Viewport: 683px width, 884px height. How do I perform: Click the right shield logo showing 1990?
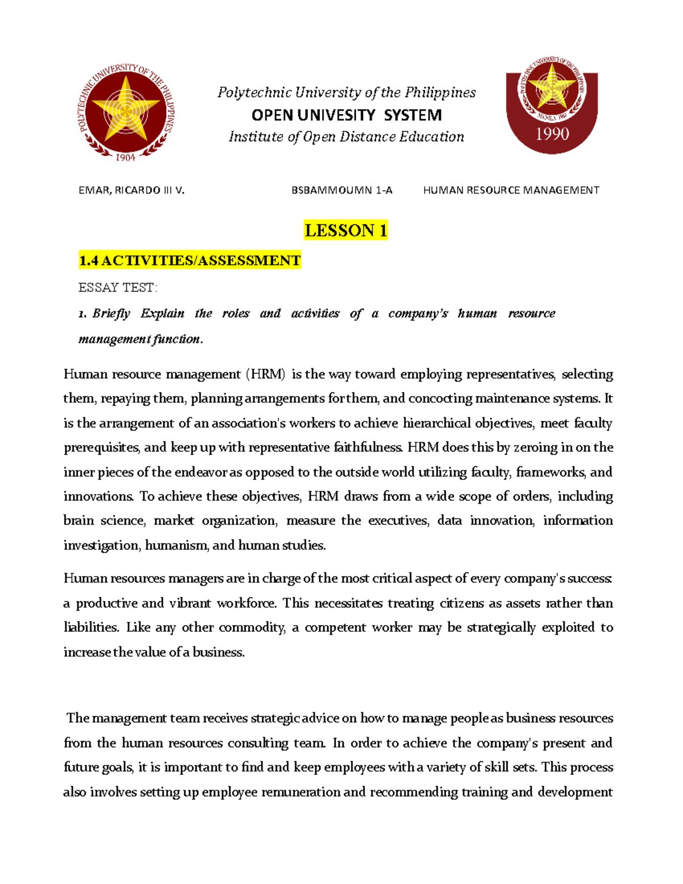(552, 105)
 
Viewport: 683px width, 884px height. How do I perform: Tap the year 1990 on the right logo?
(552, 134)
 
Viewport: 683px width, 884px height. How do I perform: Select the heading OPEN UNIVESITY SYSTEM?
(347, 116)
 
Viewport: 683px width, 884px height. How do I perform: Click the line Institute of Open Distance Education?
(346, 137)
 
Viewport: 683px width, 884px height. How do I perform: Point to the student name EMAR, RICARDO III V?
(131, 190)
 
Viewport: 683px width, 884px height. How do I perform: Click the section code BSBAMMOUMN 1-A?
(342, 190)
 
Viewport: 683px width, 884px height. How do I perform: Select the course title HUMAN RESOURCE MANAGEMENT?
(511, 190)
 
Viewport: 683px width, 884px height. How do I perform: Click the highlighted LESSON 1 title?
(345, 231)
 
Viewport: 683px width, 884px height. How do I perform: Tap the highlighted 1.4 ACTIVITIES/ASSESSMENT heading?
(190, 261)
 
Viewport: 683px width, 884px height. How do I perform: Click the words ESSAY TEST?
(118, 287)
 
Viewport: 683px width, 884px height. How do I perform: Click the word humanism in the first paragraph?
(176, 545)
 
